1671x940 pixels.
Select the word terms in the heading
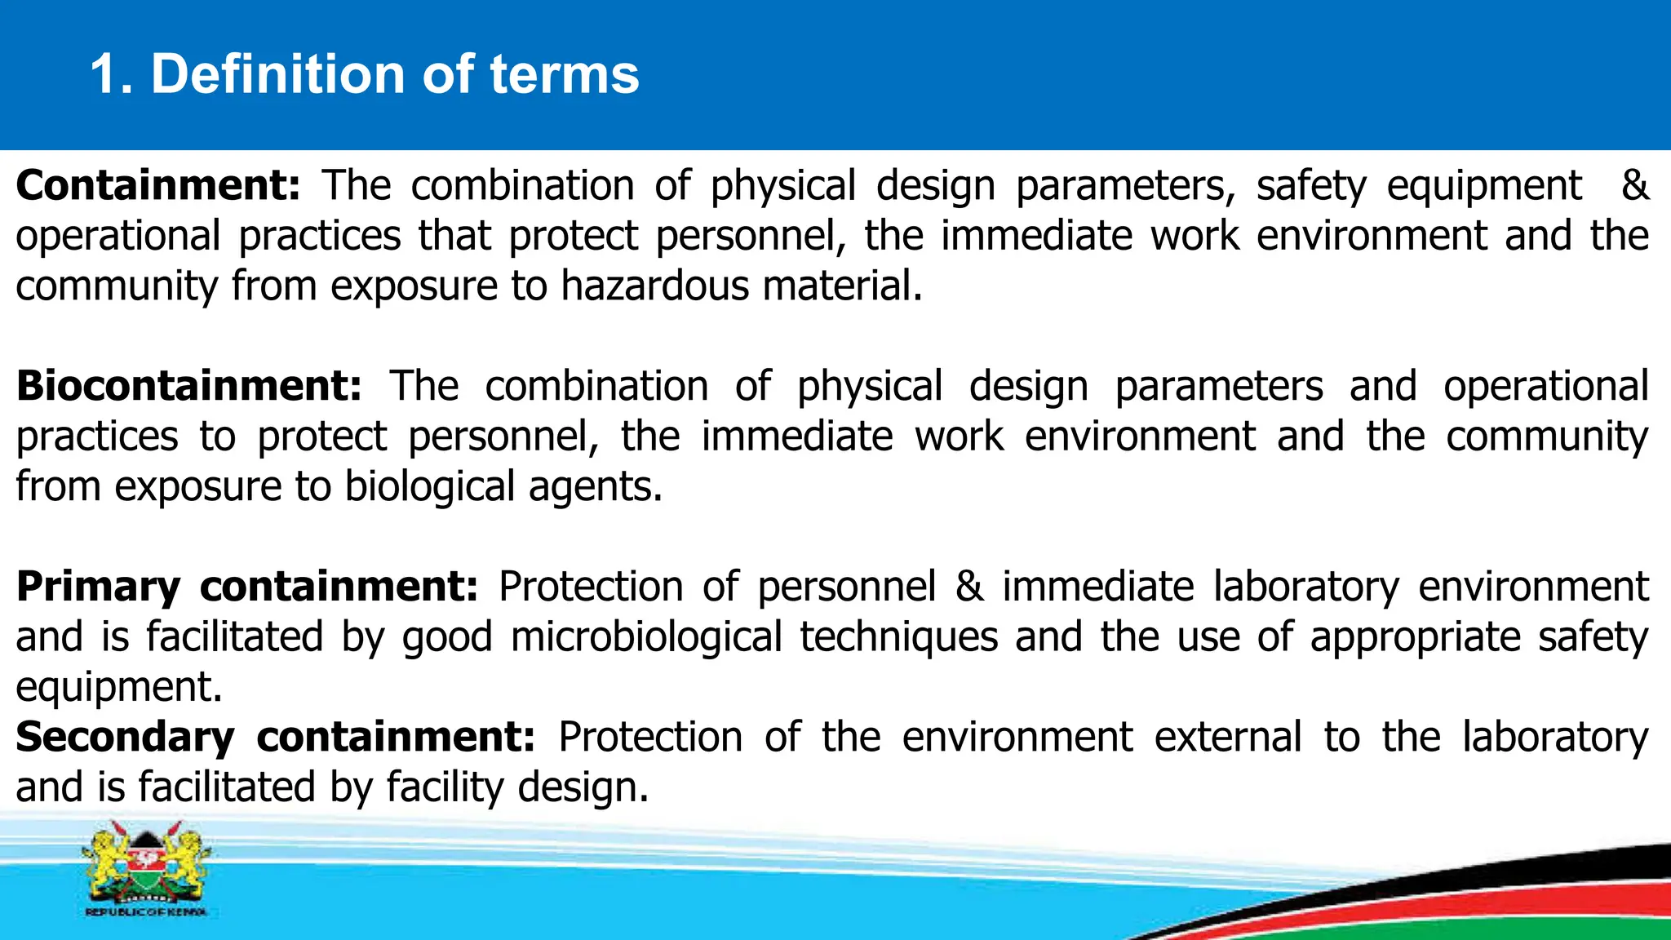click(564, 74)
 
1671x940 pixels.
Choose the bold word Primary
click(98, 587)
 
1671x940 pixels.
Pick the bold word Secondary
click(125, 737)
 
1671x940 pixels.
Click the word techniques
click(898, 636)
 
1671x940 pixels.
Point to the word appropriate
click(1416, 636)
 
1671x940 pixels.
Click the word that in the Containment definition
click(454, 236)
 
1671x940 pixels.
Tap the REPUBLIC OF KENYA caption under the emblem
click(146, 911)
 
